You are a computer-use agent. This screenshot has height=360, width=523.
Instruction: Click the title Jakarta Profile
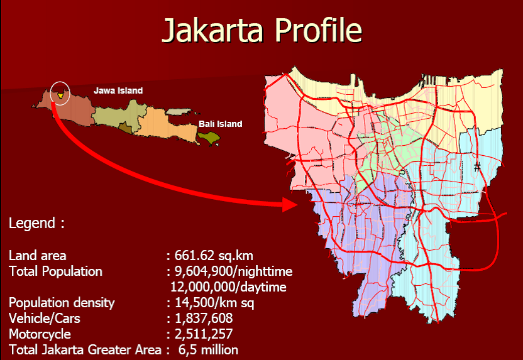click(x=261, y=30)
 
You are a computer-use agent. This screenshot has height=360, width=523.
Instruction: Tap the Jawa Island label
click(x=118, y=90)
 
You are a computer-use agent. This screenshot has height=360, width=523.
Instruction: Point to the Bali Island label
click(x=220, y=124)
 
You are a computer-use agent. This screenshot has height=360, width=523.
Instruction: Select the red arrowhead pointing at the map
click(x=290, y=204)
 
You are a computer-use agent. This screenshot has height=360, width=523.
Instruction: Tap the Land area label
click(x=37, y=256)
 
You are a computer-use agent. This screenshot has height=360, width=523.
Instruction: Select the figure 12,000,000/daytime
click(x=229, y=287)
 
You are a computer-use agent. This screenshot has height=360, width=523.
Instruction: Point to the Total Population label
click(x=55, y=271)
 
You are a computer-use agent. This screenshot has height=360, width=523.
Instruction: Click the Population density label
click(x=62, y=303)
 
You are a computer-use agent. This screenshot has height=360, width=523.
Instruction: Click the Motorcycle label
click(x=40, y=334)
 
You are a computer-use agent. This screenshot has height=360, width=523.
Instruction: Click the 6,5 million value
click(x=208, y=349)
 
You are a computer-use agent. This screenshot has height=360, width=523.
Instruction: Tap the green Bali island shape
click(x=210, y=137)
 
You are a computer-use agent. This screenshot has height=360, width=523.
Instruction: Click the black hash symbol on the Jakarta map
click(x=478, y=166)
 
